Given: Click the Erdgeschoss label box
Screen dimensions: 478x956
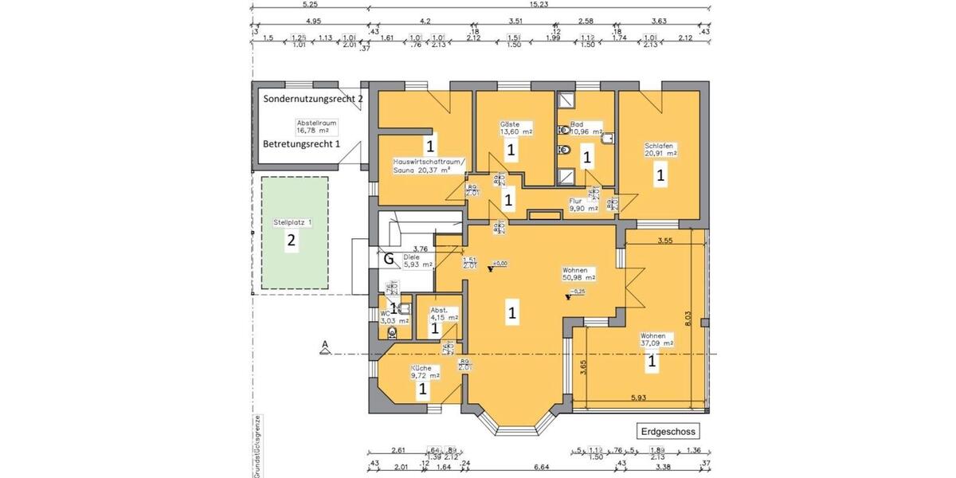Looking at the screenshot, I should click(668, 432).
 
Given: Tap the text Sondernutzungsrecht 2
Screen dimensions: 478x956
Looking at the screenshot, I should click(313, 98).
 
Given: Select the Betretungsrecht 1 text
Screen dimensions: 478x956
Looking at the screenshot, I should click(302, 144).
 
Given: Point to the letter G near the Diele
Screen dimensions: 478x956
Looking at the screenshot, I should click(388, 258).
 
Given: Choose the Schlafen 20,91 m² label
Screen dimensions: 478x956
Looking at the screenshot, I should click(660, 150).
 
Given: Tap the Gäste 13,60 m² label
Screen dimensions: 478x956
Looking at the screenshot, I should click(515, 128).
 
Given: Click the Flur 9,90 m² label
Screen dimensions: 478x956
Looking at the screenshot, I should click(579, 205).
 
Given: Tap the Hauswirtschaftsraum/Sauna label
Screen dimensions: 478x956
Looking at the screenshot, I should click(422, 165).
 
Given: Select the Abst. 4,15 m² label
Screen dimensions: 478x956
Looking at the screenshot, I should click(444, 313).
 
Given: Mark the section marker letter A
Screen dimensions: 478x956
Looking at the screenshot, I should click(324, 345).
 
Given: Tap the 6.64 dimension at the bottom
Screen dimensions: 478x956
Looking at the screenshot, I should click(518, 467).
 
